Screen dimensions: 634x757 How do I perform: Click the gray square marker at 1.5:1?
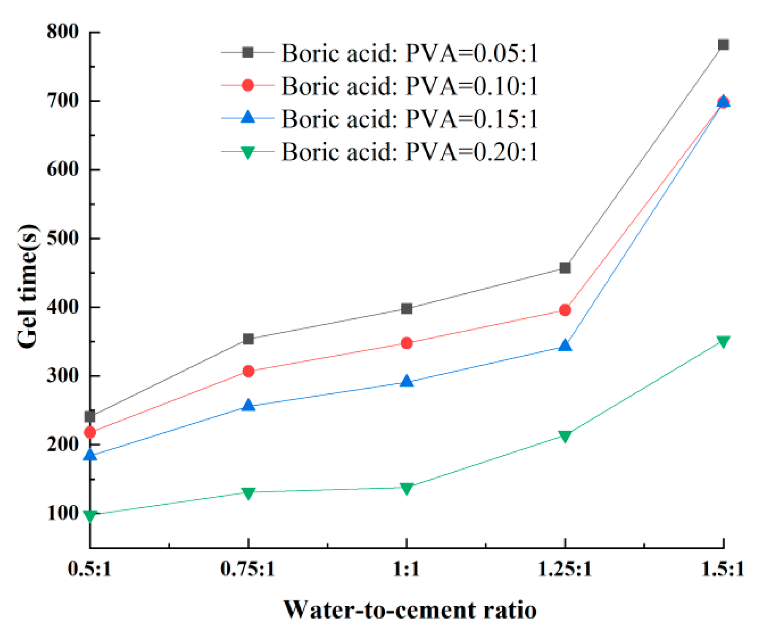[x=723, y=45]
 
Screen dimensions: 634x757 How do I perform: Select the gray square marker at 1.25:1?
[x=565, y=268]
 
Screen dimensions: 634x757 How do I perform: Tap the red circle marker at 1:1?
[x=407, y=343]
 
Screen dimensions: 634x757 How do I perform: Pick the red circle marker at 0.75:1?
[x=248, y=371]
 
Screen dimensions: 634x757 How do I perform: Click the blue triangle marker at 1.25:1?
[x=565, y=346]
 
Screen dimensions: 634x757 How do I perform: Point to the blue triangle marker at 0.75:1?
[x=248, y=405]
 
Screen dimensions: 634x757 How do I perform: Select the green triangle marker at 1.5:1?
[x=723, y=342]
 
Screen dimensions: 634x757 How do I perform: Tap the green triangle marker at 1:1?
[x=407, y=488]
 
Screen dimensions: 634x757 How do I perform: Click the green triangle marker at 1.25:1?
[x=565, y=436]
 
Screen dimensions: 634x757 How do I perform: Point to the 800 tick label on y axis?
[x=63, y=32]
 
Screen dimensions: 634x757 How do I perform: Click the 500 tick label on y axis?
[x=63, y=238]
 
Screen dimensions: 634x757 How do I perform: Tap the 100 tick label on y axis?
[x=63, y=513]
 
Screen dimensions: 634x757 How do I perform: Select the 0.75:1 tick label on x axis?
[x=248, y=569]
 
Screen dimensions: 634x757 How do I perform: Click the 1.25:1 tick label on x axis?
[x=565, y=569]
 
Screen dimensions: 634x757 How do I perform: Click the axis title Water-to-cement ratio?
[x=410, y=610]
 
